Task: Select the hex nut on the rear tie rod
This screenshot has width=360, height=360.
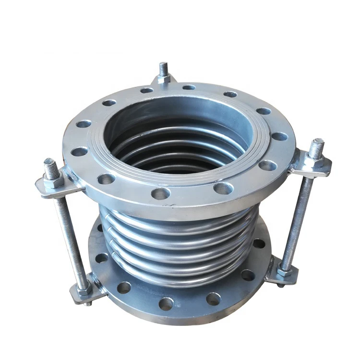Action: tap(164, 76)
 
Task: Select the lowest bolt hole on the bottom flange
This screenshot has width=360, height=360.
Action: tap(166, 303)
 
